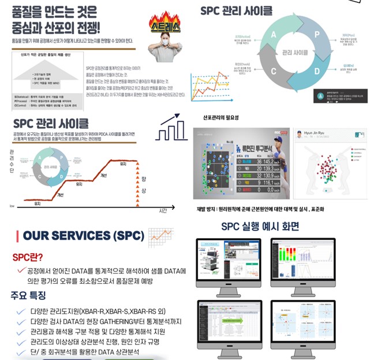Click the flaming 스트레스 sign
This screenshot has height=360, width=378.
pos(164,25)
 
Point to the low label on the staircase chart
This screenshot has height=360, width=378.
pos(12,206)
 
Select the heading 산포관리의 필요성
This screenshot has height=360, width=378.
pos(220,118)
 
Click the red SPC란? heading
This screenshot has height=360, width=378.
pos(27,257)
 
